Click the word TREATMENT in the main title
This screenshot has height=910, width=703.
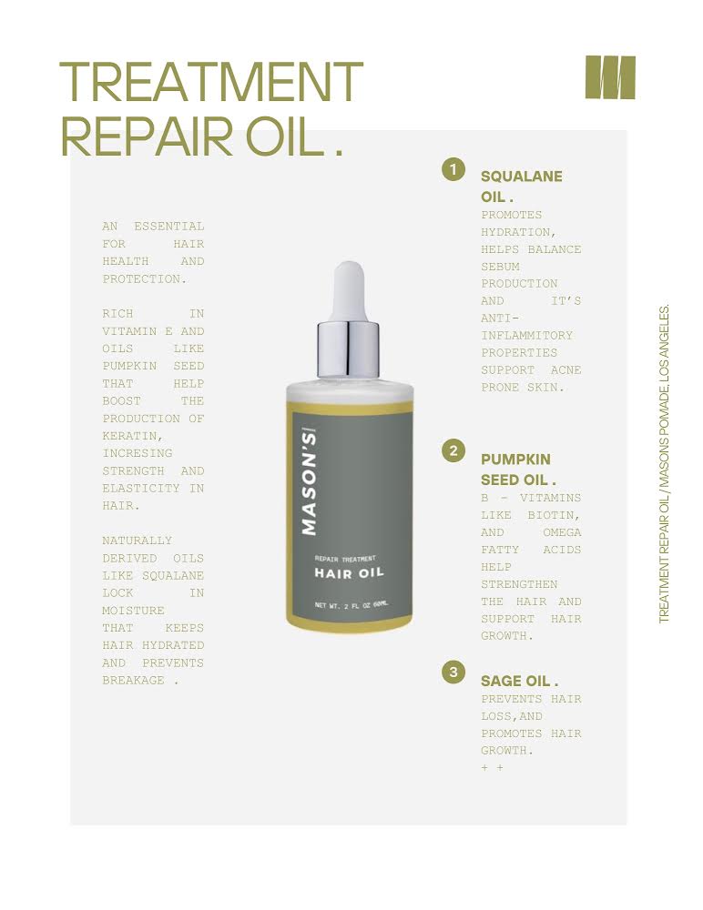coord(211,83)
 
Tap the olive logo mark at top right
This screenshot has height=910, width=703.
coord(610,77)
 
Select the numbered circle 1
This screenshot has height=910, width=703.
coord(453,169)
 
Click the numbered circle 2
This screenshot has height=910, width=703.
coord(453,451)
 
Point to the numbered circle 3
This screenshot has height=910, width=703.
coord(453,672)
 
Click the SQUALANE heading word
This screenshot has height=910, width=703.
coord(521,177)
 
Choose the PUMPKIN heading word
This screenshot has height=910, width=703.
coord(515,460)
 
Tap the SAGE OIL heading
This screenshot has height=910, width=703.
coord(519,681)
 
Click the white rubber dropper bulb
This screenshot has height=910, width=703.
coord(349,290)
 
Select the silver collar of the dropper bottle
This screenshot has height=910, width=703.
coord(348,349)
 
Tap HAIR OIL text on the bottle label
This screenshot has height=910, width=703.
coord(349,573)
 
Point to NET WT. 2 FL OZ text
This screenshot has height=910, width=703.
coord(351,605)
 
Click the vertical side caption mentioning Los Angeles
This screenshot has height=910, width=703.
coord(664,463)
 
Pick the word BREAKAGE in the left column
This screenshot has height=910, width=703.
coord(133,680)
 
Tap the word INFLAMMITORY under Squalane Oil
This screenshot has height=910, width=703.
coord(526,336)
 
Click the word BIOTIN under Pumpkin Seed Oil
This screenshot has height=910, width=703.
coord(554,515)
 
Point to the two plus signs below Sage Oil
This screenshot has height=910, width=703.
coord(492,768)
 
